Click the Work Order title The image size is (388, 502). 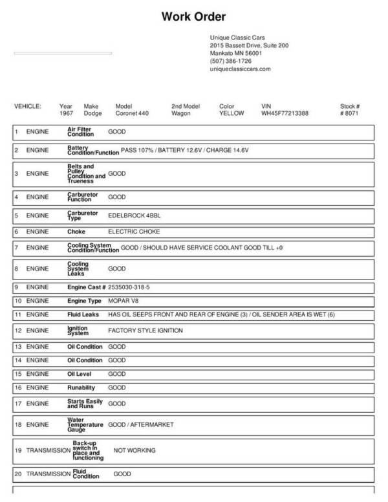pyautogui.click(x=193, y=16)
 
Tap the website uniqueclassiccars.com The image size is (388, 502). pyautogui.click(x=240, y=69)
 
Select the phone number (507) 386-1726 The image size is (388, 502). pyautogui.click(x=231, y=61)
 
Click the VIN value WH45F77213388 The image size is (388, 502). pyautogui.click(x=285, y=113)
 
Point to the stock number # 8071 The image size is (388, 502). pyautogui.click(x=349, y=113)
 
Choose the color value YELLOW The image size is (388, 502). pyautogui.click(x=232, y=113)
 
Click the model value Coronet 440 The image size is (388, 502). pyautogui.click(x=132, y=113)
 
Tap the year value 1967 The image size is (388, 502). pyautogui.click(x=66, y=113)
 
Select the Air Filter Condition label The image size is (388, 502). pyautogui.click(x=81, y=132)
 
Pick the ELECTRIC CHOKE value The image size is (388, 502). pyautogui.click(x=134, y=231)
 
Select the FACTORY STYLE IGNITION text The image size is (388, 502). pyautogui.click(x=145, y=331)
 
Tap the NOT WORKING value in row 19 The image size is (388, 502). pyautogui.click(x=135, y=450)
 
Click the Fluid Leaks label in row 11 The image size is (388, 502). pyautogui.click(x=83, y=314)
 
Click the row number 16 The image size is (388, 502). pyautogui.click(x=17, y=388)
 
